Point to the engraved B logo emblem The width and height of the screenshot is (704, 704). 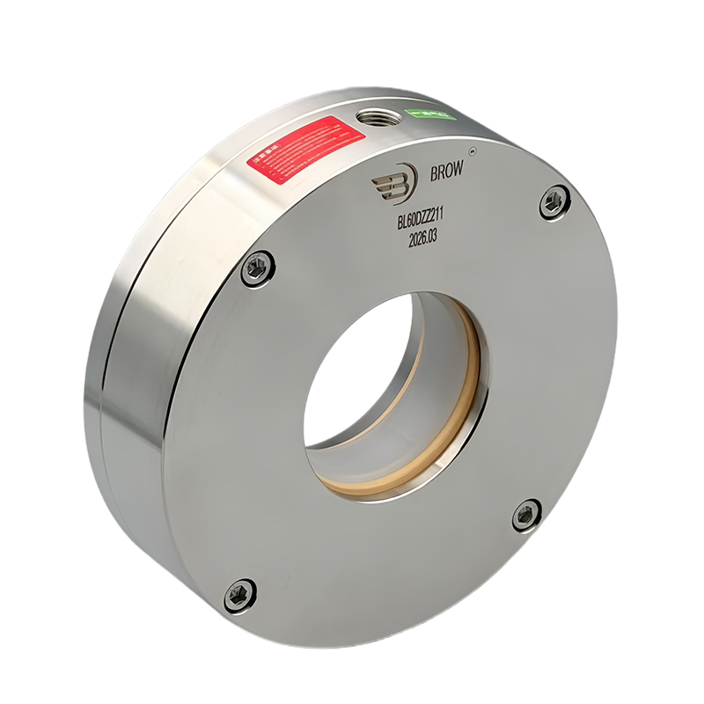pyautogui.click(x=393, y=182)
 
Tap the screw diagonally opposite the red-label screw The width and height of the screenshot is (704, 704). pyautogui.click(x=526, y=514)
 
